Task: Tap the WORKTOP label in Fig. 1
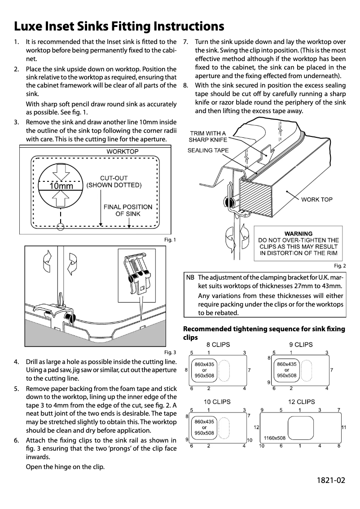click(122, 152)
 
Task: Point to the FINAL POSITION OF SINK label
click(127, 210)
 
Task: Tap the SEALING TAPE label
click(208, 150)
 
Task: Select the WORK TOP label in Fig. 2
click(316, 199)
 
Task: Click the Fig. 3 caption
click(170, 352)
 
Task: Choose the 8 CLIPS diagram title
click(218, 344)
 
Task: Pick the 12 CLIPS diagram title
click(301, 402)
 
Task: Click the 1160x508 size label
click(275, 437)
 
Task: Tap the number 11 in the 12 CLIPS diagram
click(343, 427)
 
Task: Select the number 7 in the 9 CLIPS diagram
click(331, 370)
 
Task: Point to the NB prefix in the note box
click(190, 276)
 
